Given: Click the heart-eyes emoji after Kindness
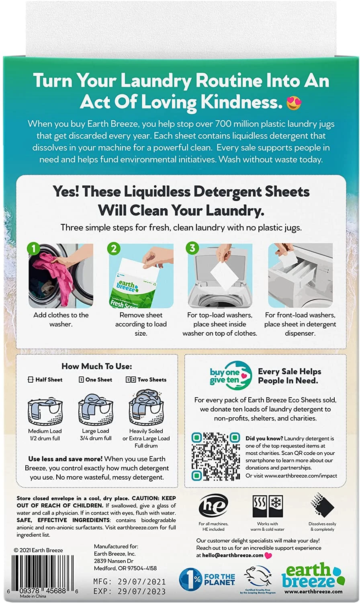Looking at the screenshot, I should (x=294, y=103).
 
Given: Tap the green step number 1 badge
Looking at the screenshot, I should (x=34, y=248).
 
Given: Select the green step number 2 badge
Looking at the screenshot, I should (x=114, y=248).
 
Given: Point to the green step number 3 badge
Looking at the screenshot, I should (x=193, y=248).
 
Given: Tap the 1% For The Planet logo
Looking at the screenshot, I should (x=207, y=580).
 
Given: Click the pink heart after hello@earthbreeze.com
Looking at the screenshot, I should (x=268, y=556).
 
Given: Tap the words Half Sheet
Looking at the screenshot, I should (x=49, y=379).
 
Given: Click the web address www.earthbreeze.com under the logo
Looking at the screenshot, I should (x=319, y=592).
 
